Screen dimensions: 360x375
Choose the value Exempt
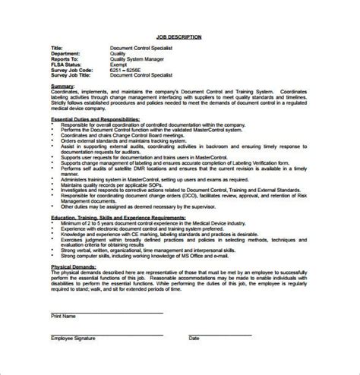click(x=120, y=65)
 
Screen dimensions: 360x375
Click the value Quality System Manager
click(x=137, y=60)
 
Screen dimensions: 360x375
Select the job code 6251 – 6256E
click(x=128, y=71)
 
